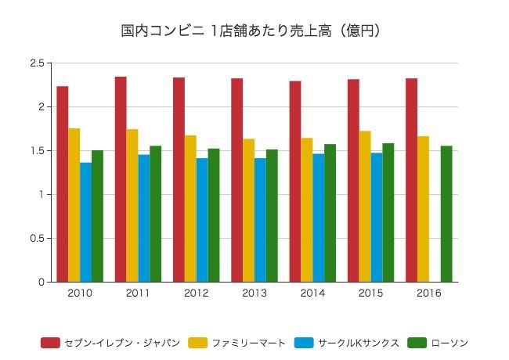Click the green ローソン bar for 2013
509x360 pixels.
tap(272, 215)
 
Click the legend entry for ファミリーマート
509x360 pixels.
tap(238, 343)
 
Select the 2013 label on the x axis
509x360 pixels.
tap(254, 293)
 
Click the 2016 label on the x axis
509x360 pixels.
tap(429, 293)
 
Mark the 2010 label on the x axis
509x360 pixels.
tap(80, 293)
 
